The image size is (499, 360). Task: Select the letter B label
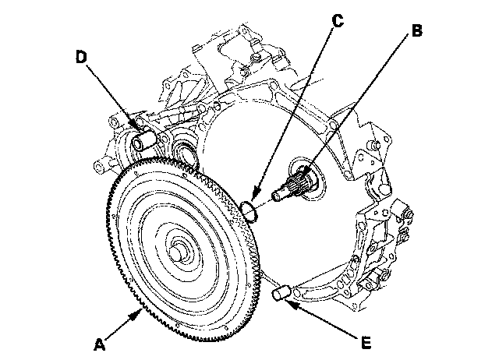click(x=416, y=31)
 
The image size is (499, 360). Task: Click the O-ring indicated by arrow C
click(x=249, y=209)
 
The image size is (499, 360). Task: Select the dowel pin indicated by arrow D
click(x=145, y=143)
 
